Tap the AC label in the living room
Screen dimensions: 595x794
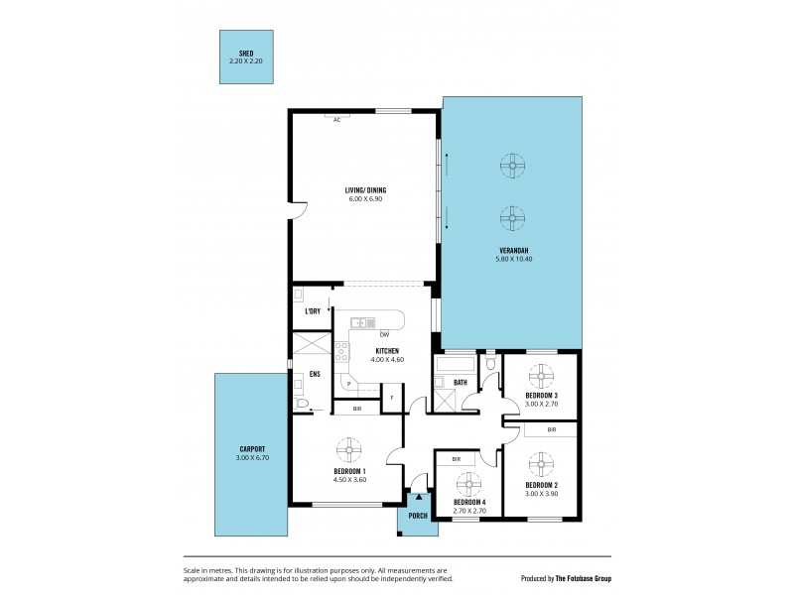point(337,120)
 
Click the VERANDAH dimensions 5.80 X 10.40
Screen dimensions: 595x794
point(513,259)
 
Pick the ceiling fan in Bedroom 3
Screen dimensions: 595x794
point(541,376)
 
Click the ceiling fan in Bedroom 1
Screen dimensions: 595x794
point(349,451)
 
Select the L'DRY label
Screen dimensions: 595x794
point(312,313)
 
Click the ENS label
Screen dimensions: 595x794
point(315,374)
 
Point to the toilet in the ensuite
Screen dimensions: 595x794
point(304,404)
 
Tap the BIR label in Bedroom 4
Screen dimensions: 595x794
point(456,459)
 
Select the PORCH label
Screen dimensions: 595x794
point(418,514)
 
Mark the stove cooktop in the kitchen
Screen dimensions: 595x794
point(340,351)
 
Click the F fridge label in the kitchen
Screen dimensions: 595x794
point(391,398)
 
